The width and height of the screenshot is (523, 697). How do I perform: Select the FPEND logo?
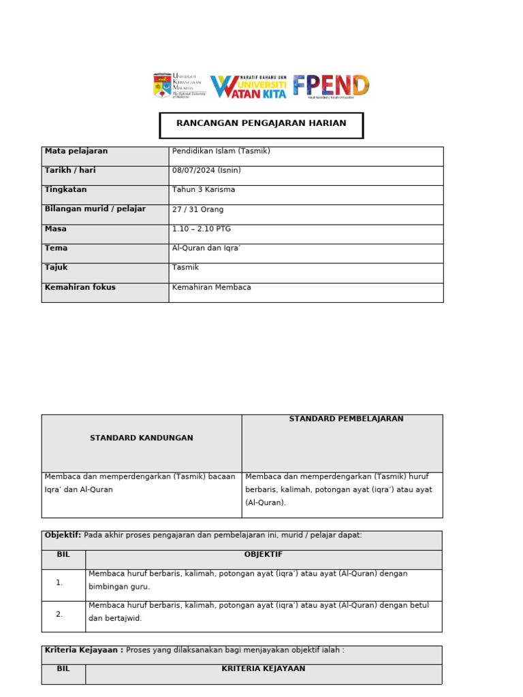(331, 86)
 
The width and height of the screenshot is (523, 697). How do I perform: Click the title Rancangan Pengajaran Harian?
(261, 124)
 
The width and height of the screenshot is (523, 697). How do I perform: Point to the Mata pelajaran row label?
(76, 151)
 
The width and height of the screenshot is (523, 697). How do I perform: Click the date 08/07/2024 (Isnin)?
(206, 170)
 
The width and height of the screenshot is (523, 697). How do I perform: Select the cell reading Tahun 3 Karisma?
(204, 190)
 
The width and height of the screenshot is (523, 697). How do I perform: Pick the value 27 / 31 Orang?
(198, 210)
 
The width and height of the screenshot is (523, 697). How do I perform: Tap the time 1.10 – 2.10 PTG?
(202, 229)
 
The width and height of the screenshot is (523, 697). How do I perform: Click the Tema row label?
(56, 248)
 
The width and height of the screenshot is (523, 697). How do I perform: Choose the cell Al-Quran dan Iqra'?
(207, 248)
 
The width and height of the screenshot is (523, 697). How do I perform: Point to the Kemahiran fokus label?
(80, 287)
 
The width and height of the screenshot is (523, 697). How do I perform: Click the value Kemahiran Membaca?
(212, 287)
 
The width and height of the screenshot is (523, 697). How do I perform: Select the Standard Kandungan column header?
(142, 438)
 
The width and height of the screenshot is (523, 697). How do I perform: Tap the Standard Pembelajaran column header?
(346, 419)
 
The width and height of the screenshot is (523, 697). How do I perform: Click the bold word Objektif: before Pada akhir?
(63, 535)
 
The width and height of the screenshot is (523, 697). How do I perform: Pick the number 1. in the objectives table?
(59, 583)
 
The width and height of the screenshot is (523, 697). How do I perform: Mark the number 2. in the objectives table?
(59, 614)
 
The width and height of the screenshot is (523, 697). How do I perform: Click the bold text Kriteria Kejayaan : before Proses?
(84, 650)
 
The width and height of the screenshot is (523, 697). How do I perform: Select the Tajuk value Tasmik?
(185, 268)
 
